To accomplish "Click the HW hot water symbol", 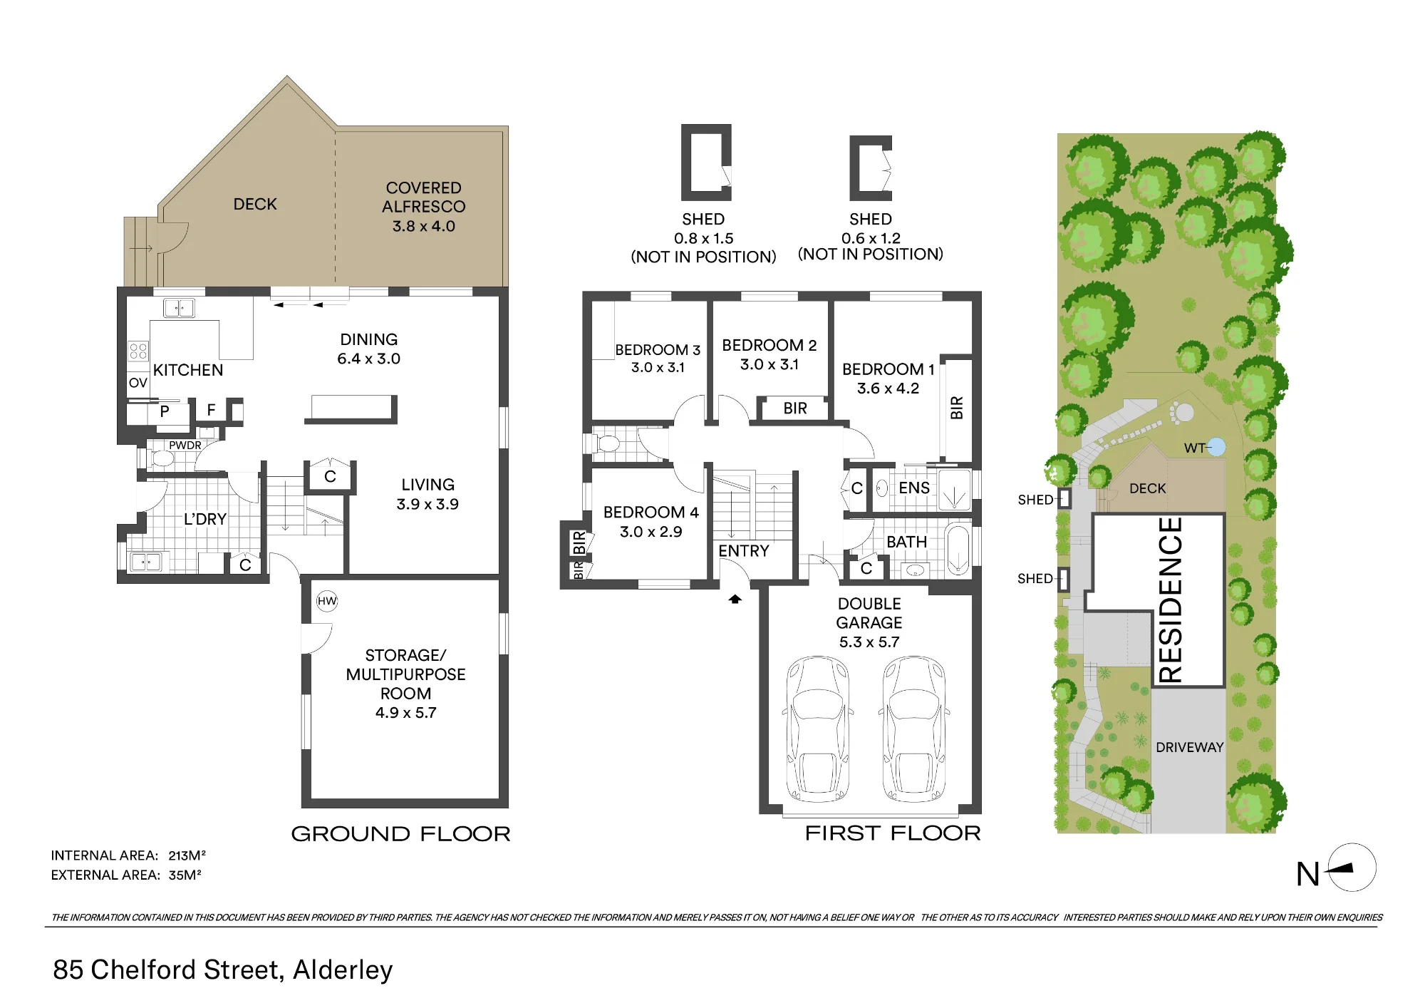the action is (x=327, y=601).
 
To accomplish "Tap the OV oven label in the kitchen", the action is (x=138, y=383).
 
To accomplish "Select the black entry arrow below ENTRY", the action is (x=735, y=600).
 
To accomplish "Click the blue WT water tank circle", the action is (x=1216, y=447).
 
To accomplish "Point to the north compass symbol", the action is (x=1352, y=868).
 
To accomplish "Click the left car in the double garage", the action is (x=818, y=729).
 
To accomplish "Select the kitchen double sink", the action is (x=179, y=308).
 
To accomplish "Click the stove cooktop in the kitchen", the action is (x=138, y=351).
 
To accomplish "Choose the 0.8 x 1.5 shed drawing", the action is (x=706, y=163).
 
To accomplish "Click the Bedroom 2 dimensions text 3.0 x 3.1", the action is (x=769, y=364).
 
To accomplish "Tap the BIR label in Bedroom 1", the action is (x=957, y=408).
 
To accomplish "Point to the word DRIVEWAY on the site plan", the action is (x=1189, y=747).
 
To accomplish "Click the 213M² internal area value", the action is (x=187, y=855).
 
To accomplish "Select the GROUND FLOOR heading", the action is (x=400, y=834).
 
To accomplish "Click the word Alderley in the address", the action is (x=343, y=970).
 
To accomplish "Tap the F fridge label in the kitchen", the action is (x=211, y=410).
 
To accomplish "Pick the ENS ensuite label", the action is (x=914, y=488).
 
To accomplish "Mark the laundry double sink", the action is (x=146, y=562).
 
